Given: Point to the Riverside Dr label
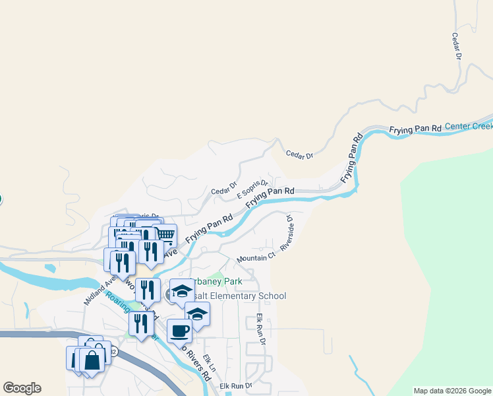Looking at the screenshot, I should coord(287,231).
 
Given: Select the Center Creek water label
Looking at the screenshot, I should coord(469,125).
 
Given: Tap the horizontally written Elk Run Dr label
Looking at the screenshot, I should coord(236,385).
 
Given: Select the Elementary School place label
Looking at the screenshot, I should coord(244,296).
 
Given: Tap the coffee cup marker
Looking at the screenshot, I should coord(179,329).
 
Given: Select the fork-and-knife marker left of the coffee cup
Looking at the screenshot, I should coord(141,323).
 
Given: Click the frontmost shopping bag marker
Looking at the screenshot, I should coord(93,360).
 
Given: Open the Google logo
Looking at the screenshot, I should coord(22,388).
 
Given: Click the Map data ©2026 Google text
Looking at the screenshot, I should coord(451,391).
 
